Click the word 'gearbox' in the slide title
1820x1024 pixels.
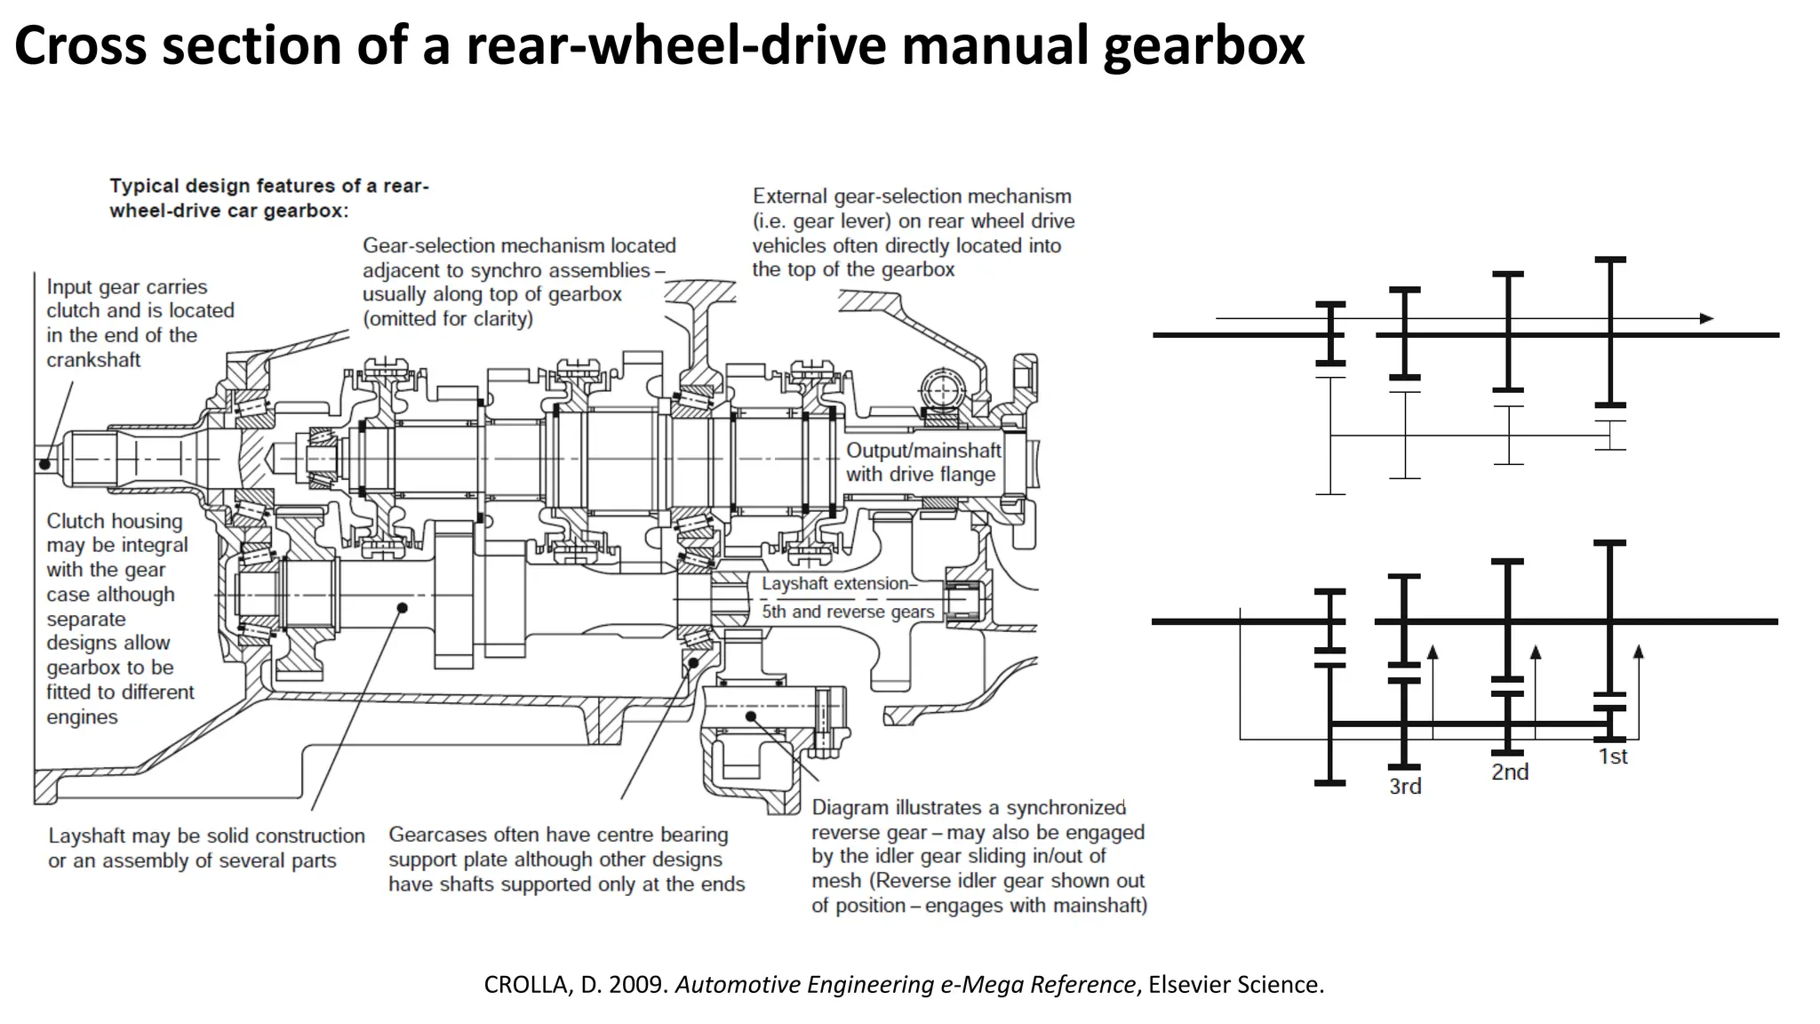[1203, 46]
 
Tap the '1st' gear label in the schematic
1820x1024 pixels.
[1612, 756]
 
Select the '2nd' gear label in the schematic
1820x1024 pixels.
[1510, 772]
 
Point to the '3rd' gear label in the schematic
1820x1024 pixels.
[1405, 787]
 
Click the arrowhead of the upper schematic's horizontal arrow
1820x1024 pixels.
[1705, 318]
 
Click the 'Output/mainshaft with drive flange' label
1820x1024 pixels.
[922, 462]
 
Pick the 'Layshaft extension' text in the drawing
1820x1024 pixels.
[835, 584]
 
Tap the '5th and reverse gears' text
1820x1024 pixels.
[848, 612]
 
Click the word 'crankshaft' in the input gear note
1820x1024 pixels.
[93, 360]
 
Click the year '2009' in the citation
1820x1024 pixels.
[636, 985]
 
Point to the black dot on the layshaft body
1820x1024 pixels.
[402, 608]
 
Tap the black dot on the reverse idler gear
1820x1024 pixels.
[751, 716]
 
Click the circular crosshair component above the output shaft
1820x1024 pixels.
[942, 388]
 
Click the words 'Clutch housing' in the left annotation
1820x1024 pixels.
[114, 521]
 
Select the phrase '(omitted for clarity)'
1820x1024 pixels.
[447, 318]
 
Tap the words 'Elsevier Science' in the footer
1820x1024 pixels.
[1234, 985]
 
